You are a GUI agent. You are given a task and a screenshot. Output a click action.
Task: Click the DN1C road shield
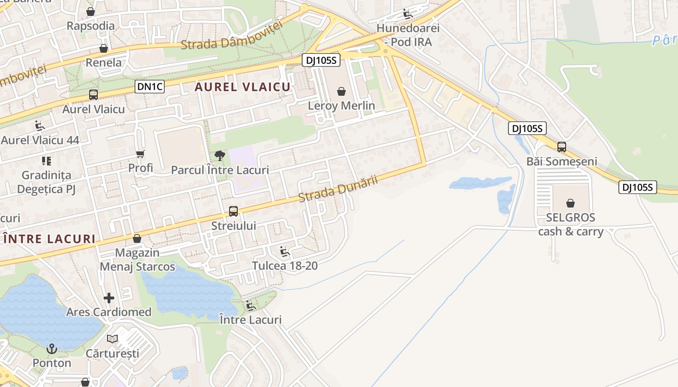pos(150,87)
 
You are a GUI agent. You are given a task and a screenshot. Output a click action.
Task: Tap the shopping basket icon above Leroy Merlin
pos(341,91)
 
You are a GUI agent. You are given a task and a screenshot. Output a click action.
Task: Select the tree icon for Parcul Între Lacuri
pos(220,156)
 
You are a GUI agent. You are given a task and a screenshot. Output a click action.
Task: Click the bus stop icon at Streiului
pos(233,211)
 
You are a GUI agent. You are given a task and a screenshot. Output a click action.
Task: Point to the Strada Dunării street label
pos(338,189)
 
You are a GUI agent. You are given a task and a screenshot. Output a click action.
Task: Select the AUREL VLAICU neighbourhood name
pos(242,87)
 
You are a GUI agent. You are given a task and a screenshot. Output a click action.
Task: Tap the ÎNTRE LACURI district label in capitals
pos(49,239)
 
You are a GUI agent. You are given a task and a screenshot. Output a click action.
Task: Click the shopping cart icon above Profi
pos(140,154)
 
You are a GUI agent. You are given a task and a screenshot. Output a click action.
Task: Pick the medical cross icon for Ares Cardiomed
pos(109,298)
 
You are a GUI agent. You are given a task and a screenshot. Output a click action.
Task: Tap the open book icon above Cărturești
pos(112,339)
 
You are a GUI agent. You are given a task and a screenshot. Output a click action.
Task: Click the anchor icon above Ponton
pos(51,348)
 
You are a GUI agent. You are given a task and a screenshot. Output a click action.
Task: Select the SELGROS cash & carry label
pos(570,224)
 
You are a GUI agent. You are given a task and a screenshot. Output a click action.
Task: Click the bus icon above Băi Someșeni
pos(562,147)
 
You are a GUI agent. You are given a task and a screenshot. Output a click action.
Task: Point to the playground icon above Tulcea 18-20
pos(285,251)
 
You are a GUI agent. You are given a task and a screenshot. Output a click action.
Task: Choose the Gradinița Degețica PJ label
pos(46,182)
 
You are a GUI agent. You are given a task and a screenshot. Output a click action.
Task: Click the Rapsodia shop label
pos(91,26)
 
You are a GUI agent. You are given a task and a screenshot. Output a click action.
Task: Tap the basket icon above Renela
pos(104,48)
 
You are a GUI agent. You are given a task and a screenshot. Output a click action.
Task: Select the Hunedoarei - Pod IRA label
pos(408,35)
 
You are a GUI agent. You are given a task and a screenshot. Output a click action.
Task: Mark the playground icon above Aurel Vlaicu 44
pos(40,126)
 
